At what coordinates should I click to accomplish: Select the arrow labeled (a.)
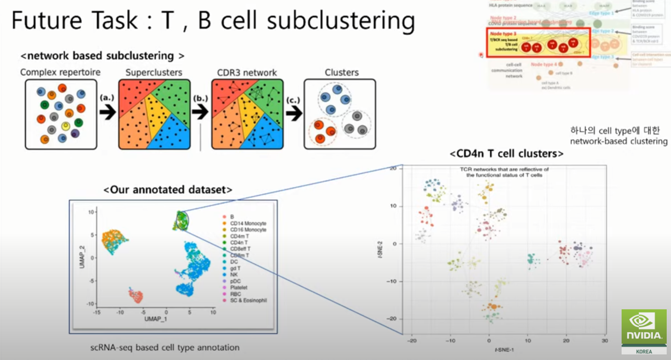[x=107, y=113]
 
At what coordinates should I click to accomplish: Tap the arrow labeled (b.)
[x=200, y=113]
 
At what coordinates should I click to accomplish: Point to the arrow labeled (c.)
[x=293, y=114]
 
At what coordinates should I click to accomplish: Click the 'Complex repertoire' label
[x=60, y=72]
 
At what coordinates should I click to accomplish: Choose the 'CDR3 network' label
[x=247, y=73]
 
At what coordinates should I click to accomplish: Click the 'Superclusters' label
[x=154, y=73]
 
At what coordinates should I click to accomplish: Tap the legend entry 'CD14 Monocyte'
[x=248, y=223]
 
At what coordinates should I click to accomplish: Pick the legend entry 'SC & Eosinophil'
[x=248, y=300]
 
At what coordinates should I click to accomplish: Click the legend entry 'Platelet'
[x=238, y=287]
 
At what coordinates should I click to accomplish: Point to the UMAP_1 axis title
[x=156, y=319]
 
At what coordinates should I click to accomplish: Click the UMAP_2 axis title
[x=82, y=257]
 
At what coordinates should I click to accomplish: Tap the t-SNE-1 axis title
[x=504, y=350]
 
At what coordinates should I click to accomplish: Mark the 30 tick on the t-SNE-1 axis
[x=605, y=341]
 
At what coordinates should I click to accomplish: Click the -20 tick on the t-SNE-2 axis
[x=393, y=319]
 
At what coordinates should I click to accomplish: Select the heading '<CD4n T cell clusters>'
[x=506, y=153]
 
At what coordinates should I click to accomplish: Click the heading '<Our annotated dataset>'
[x=168, y=190]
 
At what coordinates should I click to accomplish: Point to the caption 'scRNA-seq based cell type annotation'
[x=165, y=348]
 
